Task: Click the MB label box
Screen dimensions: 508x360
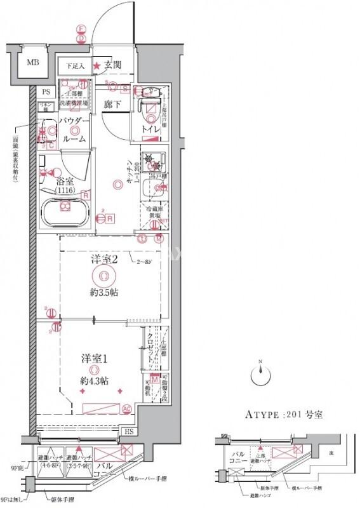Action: (31, 63)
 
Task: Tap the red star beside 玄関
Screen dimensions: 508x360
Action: (97, 65)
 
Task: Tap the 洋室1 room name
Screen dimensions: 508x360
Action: (93, 358)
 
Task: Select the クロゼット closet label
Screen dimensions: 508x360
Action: (150, 349)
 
